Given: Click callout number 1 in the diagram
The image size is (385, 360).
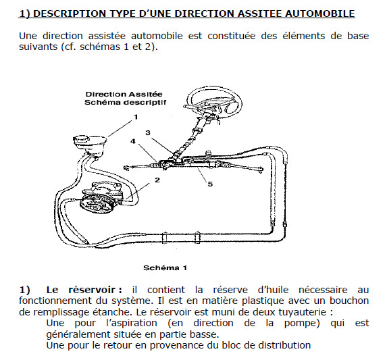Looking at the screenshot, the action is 136,117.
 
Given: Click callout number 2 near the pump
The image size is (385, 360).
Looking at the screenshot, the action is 157,180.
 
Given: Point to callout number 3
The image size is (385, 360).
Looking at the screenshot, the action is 148,133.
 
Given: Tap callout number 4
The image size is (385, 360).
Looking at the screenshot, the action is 133,141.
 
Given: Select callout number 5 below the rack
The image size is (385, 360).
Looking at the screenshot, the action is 210,184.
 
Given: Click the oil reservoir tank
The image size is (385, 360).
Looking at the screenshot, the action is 90,145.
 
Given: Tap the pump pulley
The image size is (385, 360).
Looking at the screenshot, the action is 95,205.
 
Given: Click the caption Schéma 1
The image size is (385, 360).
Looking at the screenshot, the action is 165,267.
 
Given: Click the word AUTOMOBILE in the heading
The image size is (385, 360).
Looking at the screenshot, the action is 320,14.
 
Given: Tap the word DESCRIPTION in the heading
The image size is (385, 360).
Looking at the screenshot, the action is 70,14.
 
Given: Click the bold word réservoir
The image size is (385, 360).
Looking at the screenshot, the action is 92,290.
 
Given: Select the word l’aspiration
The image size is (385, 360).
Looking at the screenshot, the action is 131,323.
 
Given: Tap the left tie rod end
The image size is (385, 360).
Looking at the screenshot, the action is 127,168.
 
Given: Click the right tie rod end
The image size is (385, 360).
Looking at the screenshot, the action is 260,170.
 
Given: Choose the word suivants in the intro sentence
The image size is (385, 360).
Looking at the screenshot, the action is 38,47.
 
